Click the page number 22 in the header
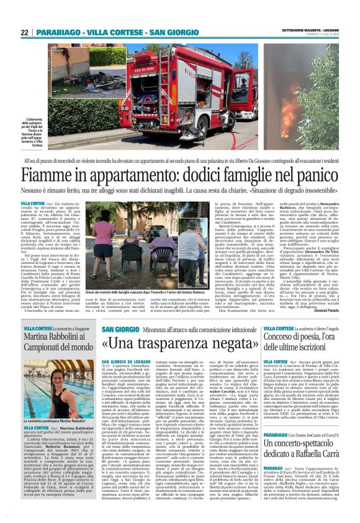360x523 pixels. (x=25, y=32)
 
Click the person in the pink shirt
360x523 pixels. (x=102, y=240)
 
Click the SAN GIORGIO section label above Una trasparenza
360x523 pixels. (x=116, y=328)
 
